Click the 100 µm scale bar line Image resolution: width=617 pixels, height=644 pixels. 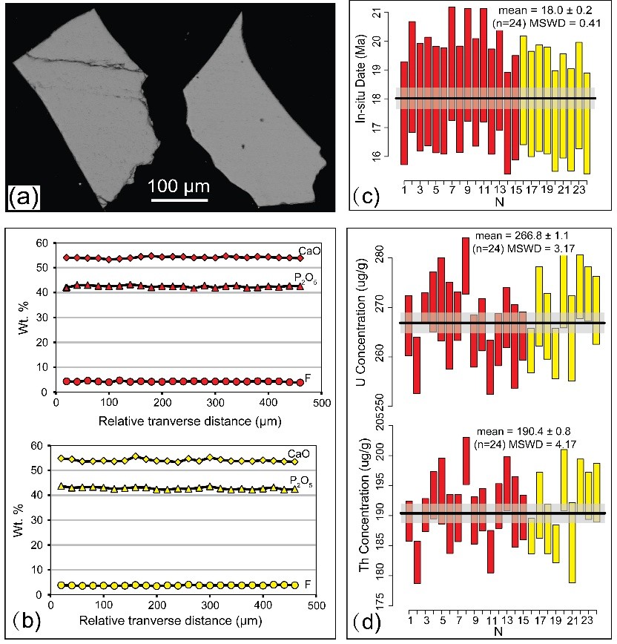(x=179, y=198)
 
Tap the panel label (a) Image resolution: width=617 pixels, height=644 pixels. (x=23, y=197)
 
